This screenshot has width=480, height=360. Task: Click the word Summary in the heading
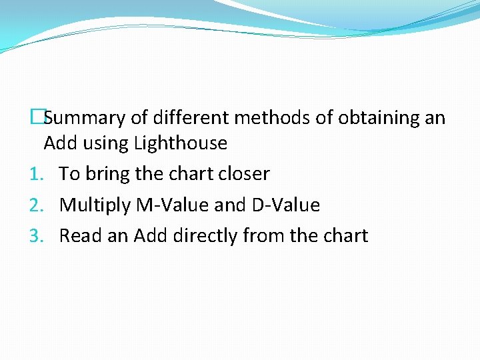[x=85, y=119]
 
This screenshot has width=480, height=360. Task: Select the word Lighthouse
[x=181, y=143]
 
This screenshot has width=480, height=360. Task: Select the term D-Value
[x=285, y=205]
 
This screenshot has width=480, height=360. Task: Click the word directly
[x=204, y=236]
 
